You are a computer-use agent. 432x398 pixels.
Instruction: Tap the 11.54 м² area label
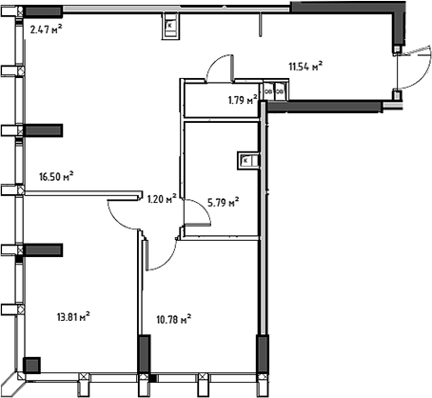pos(304,67)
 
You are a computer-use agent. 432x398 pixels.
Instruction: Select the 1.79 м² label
pos(243,99)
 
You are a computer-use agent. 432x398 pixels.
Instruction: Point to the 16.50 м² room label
pos(57,176)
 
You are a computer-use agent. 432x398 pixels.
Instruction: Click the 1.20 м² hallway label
pos(162,199)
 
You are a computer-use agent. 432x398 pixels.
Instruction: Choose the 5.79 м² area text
pos(222,201)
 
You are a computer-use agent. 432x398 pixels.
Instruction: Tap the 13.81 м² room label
pos(72,315)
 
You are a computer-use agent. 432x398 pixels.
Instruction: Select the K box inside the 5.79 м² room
pos(245,160)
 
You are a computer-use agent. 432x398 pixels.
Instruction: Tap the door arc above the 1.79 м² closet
pos(219,69)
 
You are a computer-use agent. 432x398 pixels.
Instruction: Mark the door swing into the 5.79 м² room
pos(197,216)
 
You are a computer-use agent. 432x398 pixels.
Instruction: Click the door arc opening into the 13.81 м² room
pos(124,215)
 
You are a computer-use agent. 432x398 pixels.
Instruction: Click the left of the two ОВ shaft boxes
pos(268,91)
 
